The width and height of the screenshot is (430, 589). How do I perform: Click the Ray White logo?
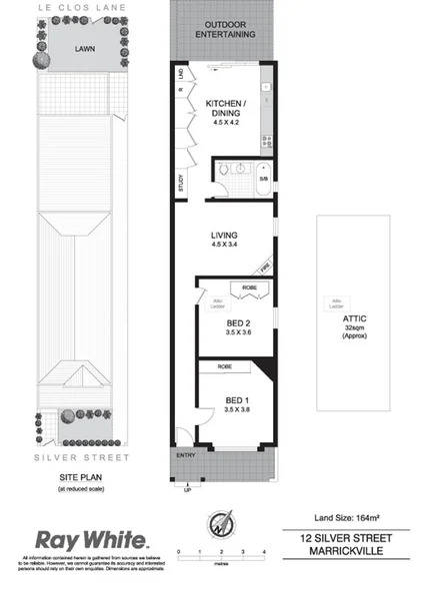click(x=92, y=540)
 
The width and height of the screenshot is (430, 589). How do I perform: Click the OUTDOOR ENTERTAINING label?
click(x=224, y=28)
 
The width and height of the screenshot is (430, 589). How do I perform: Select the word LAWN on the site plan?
click(x=85, y=47)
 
